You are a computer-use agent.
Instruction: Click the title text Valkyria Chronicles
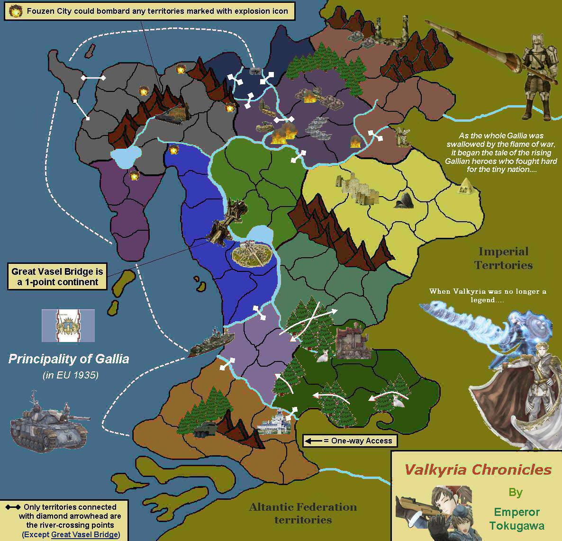pos(478,469)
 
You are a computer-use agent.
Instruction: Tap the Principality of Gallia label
pos(69,359)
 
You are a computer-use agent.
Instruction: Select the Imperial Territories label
pos(503,258)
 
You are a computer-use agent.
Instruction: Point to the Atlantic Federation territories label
pos(303,513)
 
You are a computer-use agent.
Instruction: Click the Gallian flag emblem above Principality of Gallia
pos(68,326)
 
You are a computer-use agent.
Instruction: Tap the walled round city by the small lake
pos(251,253)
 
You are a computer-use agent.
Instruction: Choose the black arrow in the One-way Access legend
pos(313,441)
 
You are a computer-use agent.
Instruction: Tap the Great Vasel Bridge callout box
pos(57,277)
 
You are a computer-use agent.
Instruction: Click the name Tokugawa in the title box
pos(517,525)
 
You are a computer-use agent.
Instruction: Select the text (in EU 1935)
pos(70,375)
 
